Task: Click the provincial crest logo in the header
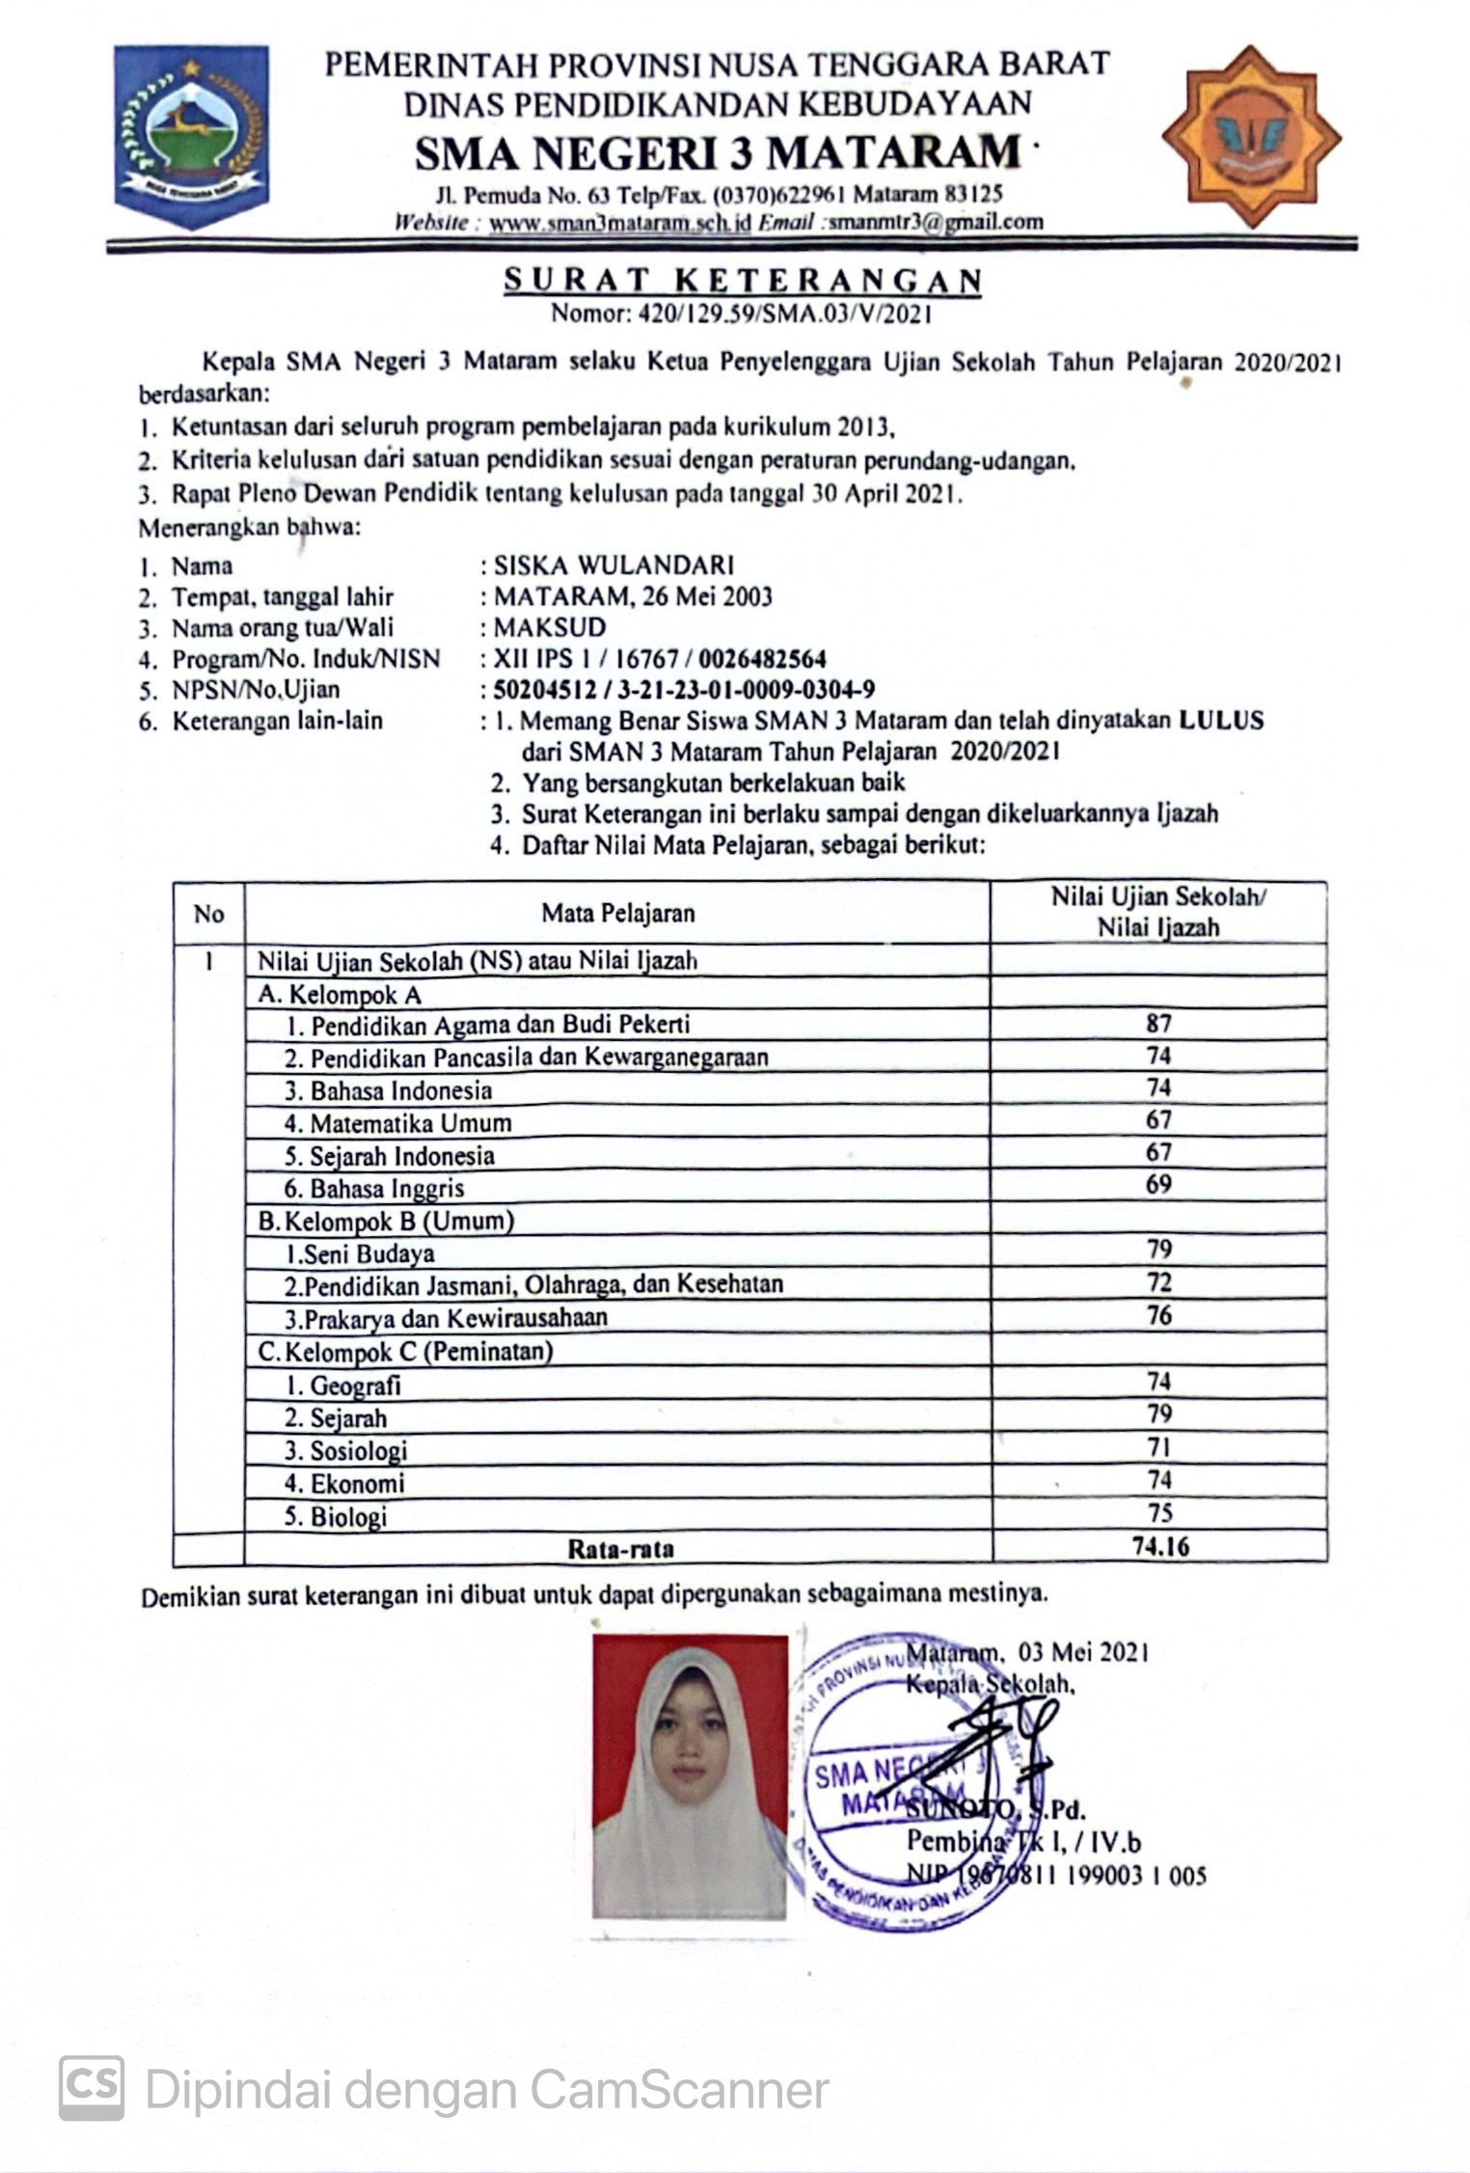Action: click(x=191, y=136)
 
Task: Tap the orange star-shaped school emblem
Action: click(x=1251, y=136)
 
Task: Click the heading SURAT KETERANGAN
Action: click(x=743, y=280)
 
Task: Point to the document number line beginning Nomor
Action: click(x=741, y=313)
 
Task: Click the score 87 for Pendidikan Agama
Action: click(x=1158, y=1024)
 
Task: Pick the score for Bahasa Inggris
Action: click(x=1158, y=1185)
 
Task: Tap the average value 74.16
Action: click(x=1160, y=1547)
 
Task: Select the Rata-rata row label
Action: click(x=619, y=1549)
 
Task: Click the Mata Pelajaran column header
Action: click(x=617, y=913)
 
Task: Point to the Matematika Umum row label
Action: click(x=397, y=1123)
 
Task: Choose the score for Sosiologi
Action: click(x=1158, y=1447)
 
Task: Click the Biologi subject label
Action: click(x=336, y=1516)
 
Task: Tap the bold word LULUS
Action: click(x=1220, y=720)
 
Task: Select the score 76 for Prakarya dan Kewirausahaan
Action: click(x=1158, y=1315)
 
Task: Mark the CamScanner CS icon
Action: click(x=92, y=2087)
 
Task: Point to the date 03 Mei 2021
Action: click(x=1082, y=1653)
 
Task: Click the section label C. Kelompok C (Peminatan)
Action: click(x=405, y=1351)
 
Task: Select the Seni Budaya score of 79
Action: click(x=1158, y=1250)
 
